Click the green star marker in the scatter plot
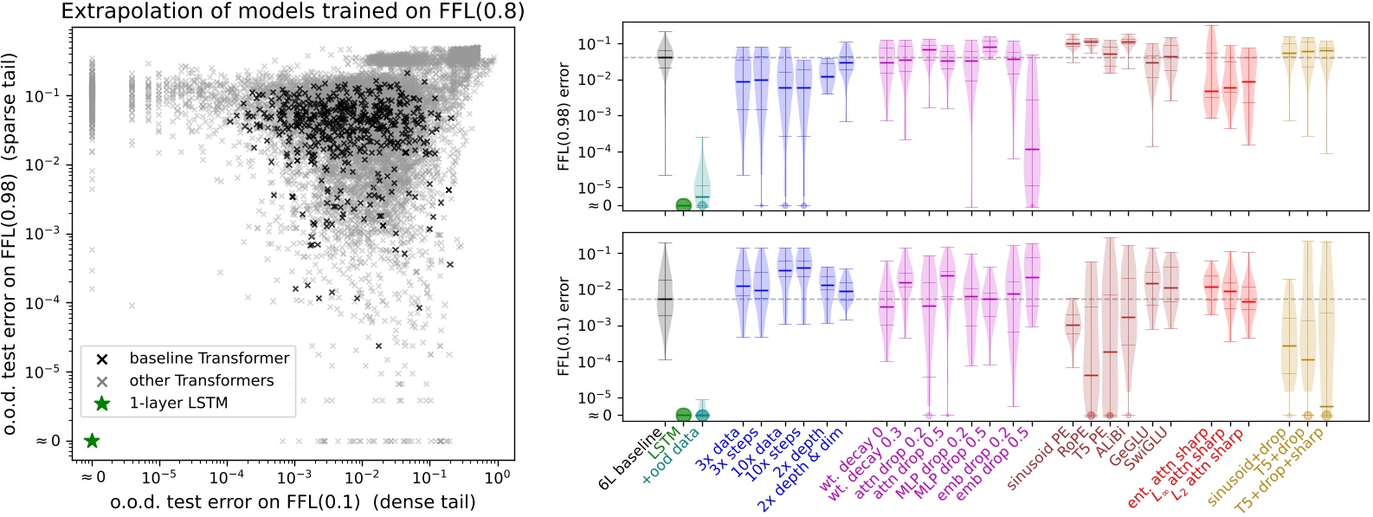click(92, 441)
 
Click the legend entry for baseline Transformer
click(209, 358)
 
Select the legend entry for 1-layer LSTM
click(177, 403)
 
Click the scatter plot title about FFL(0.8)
click(293, 11)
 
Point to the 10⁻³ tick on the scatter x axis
click(294, 477)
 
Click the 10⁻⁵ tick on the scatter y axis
click(48, 372)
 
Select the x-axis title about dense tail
click(293, 501)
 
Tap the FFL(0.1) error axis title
click(564, 326)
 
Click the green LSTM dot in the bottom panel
click(683, 415)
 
